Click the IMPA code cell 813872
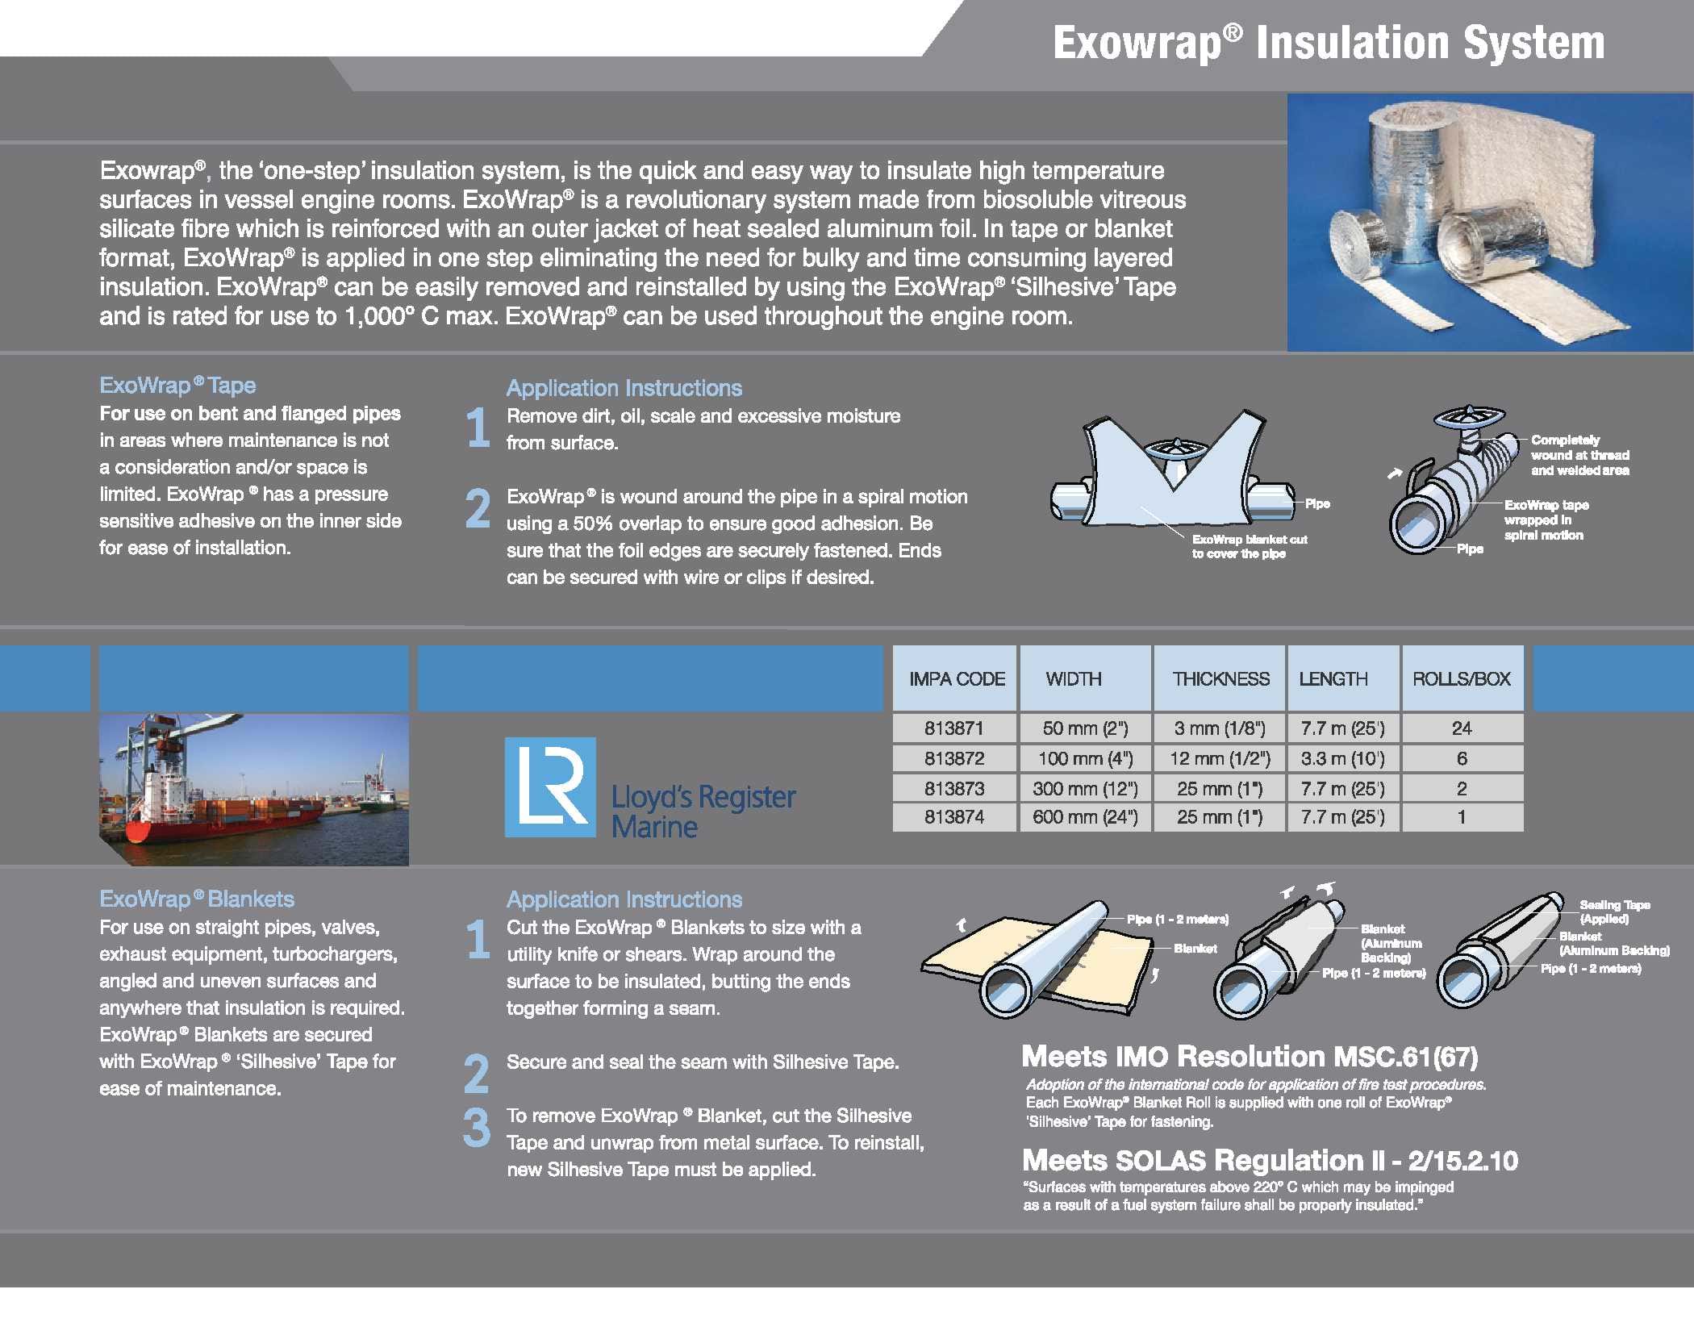954,758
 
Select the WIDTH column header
1074,678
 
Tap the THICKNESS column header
1220,678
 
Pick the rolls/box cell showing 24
1462,728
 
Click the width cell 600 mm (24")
1085,817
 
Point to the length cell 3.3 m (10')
1342,758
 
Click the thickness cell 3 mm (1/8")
1220,728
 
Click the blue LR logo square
550,787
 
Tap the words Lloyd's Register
703,797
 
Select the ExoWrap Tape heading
177,386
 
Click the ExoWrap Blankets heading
197,899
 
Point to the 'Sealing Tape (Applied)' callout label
1615,912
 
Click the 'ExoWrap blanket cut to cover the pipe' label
1250,546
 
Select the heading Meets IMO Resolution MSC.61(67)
1250,1056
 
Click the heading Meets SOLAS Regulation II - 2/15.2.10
1270,1160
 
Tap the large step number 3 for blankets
477,1128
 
